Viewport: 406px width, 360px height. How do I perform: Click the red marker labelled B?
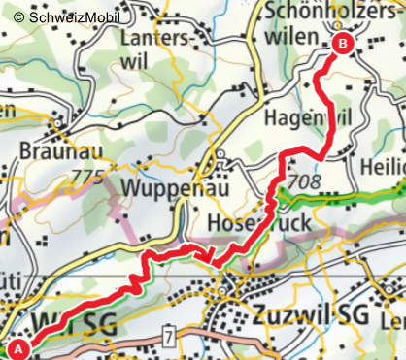pyautogui.click(x=342, y=43)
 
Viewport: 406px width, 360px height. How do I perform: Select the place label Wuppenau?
pyautogui.click(x=176, y=187)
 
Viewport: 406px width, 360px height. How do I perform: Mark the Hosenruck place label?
pyautogui.click(x=258, y=223)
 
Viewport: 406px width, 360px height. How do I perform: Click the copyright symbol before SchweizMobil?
pyautogui.click(x=17, y=17)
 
